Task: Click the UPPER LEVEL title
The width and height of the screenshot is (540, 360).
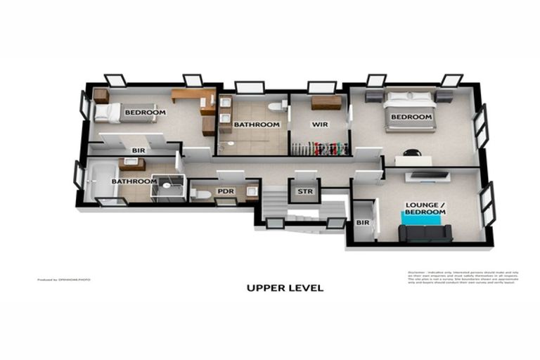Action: pyautogui.click(x=285, y=288)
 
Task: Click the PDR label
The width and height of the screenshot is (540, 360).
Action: pyautogui.click(x=225, y=191)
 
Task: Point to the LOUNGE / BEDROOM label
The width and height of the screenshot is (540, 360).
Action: pyautogui.click(x=425, y=209)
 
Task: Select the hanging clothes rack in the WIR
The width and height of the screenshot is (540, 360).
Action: pyautogui.click(x=320, y=149)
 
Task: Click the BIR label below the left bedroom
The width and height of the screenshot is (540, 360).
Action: pyautogui.click(x=139, y=150)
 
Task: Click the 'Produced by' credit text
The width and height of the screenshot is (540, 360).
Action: pyautogui.click(x=64, y=280)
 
